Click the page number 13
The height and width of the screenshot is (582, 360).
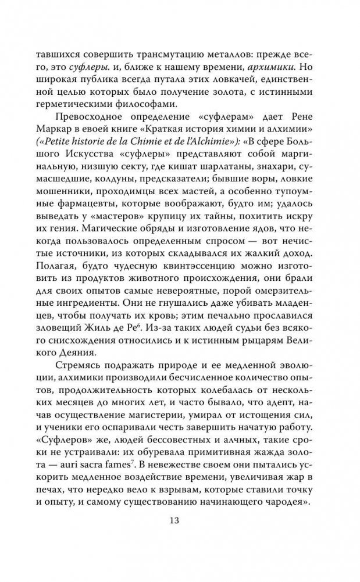(x=180, y=522)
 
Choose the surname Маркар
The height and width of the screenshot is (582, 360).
(x=54, y=146)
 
